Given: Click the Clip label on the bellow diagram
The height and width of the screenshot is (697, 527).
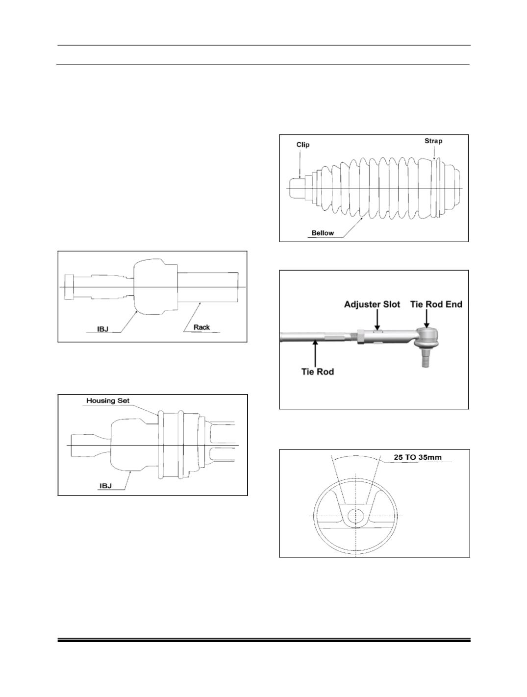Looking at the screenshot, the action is pos(303,145).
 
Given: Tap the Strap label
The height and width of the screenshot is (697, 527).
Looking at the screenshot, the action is pos(433,141).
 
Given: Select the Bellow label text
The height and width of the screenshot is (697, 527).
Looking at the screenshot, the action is pos(323,233).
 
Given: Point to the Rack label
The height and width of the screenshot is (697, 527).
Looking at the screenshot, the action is pos(201,327).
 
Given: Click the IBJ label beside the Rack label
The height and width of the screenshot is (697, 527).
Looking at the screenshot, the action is pos(102,329).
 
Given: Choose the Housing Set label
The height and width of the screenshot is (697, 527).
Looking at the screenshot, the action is pos(108,401).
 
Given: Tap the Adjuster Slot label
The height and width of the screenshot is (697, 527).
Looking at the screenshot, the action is pos(372,304).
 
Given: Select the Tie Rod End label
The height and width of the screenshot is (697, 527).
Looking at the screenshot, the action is pos(436,304).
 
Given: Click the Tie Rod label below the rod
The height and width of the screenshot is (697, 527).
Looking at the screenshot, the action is pos(318,372).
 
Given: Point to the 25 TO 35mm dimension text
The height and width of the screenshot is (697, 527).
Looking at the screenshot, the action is pos(418,457).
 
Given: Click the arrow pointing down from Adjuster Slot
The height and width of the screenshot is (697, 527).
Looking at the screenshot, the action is pos(377,320).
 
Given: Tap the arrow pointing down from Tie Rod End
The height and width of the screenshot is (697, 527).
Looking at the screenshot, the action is pos(427,319).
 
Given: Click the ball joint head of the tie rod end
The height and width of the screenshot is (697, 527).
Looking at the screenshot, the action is pos(427,337).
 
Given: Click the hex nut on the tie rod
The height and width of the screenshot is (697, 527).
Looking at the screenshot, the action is pos(361,336).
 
